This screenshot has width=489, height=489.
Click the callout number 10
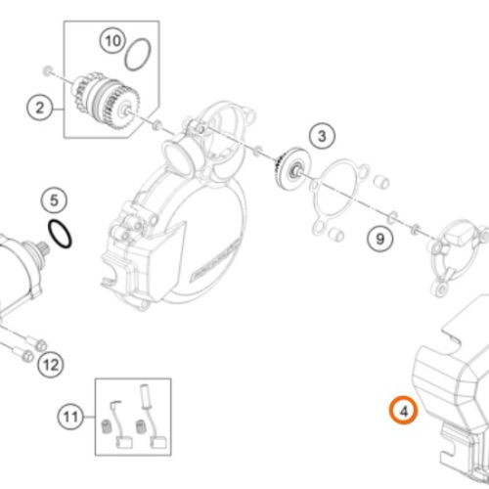click(x=112, y=41)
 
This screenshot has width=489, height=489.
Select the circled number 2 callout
click(x=40, y=108)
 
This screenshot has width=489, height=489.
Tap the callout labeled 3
click(x=322, y=136)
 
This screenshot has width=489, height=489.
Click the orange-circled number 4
click(x=404, y=411)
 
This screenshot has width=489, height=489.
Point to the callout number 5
click(x=54, y=200)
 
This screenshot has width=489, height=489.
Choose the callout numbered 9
click(x=380, y=239)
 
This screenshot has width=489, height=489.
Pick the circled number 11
click(x=71, y=417)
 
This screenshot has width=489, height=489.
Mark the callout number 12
click(x=51, y=365)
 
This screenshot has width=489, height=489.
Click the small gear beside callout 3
click(x=290, y=167)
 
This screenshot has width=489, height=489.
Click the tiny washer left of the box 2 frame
click(x=48, y=70)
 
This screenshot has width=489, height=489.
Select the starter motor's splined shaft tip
click(x=43, y=249)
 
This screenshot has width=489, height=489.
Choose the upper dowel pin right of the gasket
click(x=381, y=182)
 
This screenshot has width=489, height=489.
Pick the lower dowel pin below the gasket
click(x=335, y=234)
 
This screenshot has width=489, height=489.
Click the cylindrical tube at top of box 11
click(x=145, y=396)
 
